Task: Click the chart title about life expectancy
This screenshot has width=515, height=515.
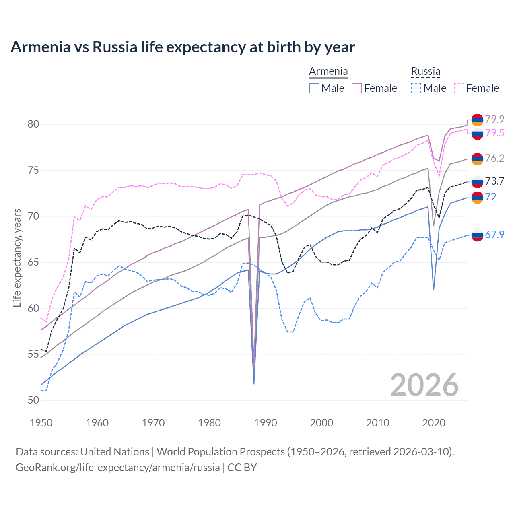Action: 183,47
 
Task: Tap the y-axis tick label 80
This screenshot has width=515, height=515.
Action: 33,124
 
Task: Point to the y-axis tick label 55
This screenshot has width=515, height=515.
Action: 33,354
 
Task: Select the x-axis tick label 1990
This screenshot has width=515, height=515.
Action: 266,423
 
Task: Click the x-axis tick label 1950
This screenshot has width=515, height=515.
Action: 41,423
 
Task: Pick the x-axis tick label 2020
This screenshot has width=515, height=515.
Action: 434,423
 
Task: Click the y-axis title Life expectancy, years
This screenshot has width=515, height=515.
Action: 17,257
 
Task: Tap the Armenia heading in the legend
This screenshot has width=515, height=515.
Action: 328,72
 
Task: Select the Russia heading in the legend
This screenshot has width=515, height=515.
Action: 425,72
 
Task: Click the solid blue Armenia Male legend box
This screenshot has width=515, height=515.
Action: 314,88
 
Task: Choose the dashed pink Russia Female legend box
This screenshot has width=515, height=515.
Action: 459,88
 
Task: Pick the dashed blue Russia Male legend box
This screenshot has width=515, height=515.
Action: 416,88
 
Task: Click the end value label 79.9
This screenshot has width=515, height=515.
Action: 494,119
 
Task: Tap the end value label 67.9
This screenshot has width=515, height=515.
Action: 494,235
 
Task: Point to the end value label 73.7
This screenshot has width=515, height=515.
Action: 494,181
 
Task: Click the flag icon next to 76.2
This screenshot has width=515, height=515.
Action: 477,159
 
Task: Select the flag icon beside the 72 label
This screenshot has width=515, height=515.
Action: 477,197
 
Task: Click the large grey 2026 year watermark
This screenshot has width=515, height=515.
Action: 424,385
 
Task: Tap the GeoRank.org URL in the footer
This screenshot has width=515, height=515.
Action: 117,468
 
